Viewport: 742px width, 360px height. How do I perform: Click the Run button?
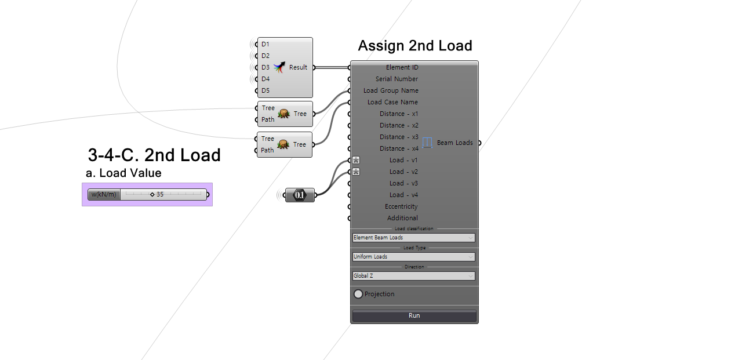[414, 315]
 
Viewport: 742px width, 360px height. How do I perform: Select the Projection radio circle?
[358, 294]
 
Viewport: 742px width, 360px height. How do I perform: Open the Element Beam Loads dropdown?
[414, 238]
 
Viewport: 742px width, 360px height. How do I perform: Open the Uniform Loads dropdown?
[414, 257]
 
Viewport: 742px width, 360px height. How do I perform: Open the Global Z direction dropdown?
[414, 276]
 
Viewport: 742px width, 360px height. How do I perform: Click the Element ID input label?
[402, 67]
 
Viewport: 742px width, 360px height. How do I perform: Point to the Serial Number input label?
[397, 79]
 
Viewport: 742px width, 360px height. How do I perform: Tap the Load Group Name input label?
[391, 90]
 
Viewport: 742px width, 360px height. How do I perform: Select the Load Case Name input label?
[392, 102]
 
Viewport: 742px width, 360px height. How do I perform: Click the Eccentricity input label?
[401, 206]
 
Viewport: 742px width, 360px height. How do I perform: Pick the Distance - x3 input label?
[399, 137]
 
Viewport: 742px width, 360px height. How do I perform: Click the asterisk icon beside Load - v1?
[356, 161]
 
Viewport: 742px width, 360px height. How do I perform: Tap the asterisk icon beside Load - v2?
[356, 172]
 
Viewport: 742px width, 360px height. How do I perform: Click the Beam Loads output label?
[455, 143]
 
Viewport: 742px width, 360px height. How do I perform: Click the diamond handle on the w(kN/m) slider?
[152, 194]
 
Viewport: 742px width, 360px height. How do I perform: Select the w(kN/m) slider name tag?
[104, 194]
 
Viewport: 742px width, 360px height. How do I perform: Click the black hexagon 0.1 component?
[300, 195]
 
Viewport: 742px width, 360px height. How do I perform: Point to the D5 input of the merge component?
[265, 90]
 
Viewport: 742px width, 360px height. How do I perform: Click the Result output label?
[298, 67]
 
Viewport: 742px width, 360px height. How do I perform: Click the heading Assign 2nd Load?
[415, 46]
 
